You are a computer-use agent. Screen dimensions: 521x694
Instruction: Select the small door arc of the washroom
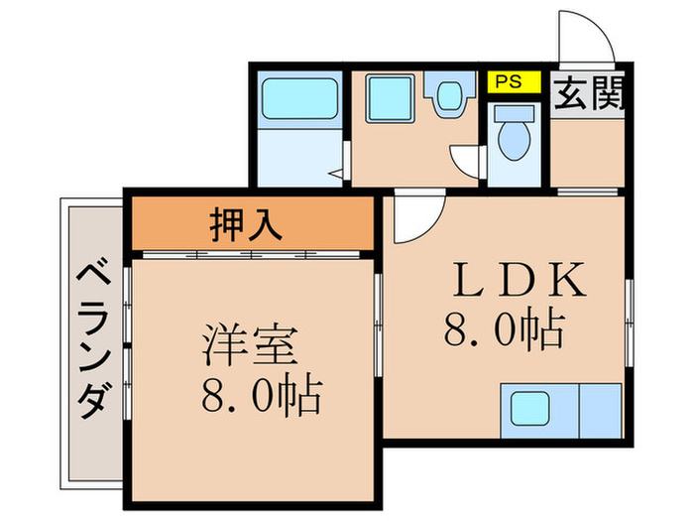pyautogui.click(x=464, y=163)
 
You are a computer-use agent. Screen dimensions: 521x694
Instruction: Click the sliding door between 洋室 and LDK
pyautogui.click(x=379, y=308)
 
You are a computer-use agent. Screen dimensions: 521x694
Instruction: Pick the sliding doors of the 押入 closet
pyautogui.click(x=253, y=254)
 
